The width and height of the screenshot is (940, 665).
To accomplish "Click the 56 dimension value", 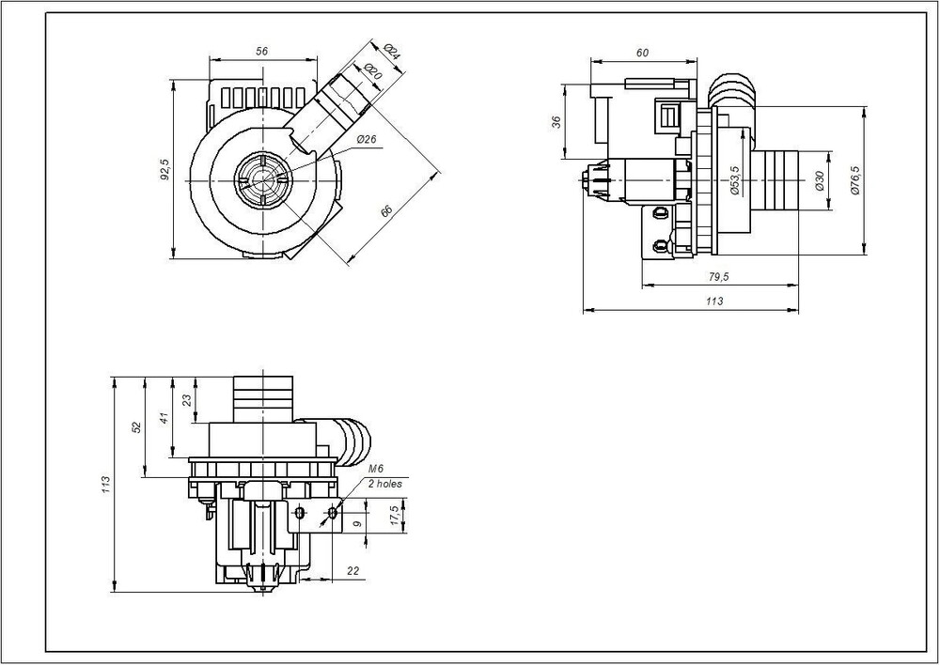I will point(262,52).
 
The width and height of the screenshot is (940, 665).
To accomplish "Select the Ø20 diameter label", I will point(371,71).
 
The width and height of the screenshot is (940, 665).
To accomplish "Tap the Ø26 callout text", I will point(367,140).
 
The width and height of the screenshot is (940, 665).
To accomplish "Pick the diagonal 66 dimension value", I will point(386,212).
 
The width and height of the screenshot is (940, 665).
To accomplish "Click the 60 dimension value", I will point(643,53).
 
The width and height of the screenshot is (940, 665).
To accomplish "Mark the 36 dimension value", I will point(556,122).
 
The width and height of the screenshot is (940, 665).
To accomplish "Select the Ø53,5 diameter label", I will point(734,179).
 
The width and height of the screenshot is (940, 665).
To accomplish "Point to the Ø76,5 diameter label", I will point(854,179).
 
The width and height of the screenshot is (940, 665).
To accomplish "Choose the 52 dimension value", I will point(136,426).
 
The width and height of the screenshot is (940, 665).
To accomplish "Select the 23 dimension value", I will point(186,398).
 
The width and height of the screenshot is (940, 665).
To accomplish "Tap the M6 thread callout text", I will point(376,468).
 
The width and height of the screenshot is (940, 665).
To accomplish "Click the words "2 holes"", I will point(384,484).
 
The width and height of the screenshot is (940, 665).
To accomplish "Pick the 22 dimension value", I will point(353,570).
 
